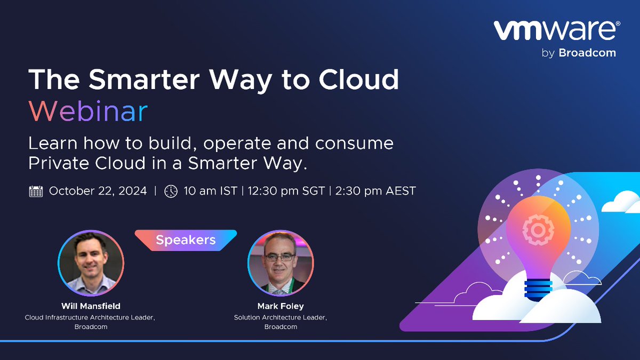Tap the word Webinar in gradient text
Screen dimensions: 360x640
click(x=88, y=111)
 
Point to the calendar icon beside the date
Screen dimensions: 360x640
click(x=36, y=191)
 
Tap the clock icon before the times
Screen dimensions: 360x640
click(x=171, y=191)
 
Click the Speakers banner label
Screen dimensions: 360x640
click(x=186, y=240)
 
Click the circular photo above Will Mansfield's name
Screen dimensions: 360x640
click(x=91, y=263)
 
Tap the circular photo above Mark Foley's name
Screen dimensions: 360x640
click(x=281, y=263)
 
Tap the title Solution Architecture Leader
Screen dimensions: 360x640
click(x=281, y=317)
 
